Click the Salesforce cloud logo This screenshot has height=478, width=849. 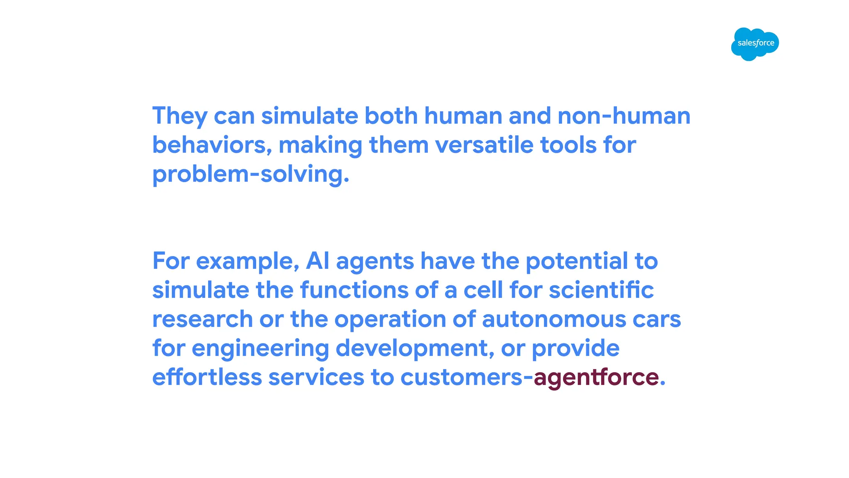coord(755,44)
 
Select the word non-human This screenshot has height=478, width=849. coord(624,116)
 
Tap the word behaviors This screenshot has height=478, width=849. coord(212,145)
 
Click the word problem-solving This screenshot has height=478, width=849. coord(250,174)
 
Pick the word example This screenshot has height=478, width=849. coord(247,261)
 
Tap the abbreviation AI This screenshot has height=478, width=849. coord(318,261)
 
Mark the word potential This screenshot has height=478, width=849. coord(577,261)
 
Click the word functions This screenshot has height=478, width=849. coord(354,290)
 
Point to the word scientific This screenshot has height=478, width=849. coord(602,290)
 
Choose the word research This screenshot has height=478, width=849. coord(203,319)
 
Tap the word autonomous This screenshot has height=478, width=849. coord(554,319)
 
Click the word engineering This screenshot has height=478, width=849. coord(260,349)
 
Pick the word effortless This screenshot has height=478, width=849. coord(207,378)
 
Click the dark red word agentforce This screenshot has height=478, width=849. coord(596,378)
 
